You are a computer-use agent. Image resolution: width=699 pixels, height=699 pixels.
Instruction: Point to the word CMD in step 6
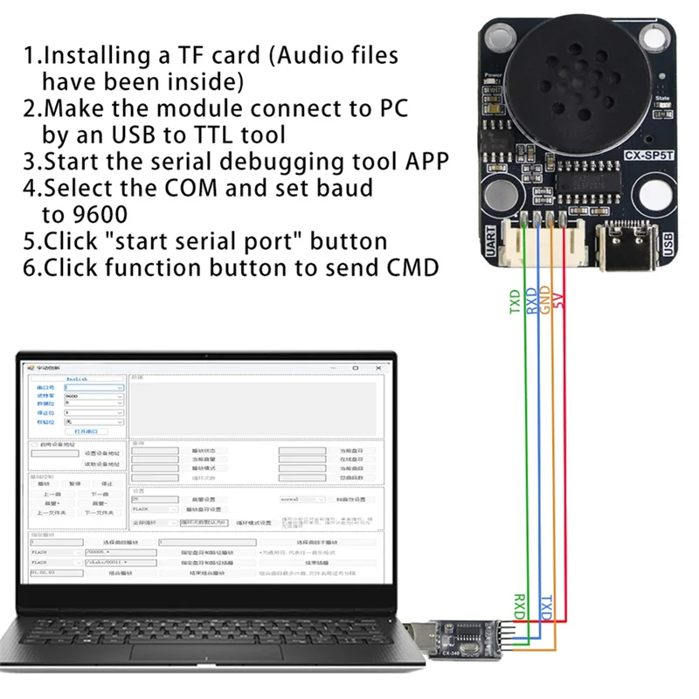412,267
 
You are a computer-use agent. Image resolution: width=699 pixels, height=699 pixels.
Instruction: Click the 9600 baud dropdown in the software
93,396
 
